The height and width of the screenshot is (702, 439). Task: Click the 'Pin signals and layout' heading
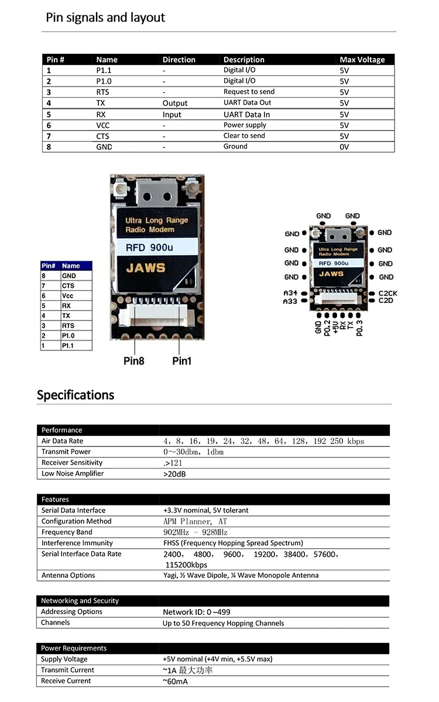(105, 18)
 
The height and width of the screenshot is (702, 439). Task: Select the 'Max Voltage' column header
(362, 60)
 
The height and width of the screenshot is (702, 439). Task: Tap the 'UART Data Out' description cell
(247, 102)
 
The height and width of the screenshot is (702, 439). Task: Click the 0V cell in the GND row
(344, 147)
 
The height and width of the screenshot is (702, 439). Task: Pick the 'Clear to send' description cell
(244, 136)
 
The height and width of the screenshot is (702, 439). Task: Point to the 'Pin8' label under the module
(134, 361)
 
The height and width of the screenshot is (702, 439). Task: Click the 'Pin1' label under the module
(181, 361)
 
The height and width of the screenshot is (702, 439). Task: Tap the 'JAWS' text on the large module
(146, 268)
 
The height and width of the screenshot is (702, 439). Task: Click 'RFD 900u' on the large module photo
(149, 247)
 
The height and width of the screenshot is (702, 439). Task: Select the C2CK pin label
(387, 293)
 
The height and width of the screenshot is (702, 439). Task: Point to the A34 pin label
(290, 293)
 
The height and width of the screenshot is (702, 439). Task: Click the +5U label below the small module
(335, 327)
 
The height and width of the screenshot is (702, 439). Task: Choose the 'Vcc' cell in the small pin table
(67, 295)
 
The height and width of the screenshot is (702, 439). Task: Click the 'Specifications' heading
(76, 395)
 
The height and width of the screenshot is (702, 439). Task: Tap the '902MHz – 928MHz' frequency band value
(196, 532)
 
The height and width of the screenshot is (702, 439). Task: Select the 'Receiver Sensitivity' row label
(72, 463)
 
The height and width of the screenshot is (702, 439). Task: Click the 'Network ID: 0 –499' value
(196, 612)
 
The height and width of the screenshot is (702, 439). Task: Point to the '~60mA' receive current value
(175, 682)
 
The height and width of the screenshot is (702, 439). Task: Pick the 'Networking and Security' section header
(80, 600)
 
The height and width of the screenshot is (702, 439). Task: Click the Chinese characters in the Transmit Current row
(196, 670)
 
